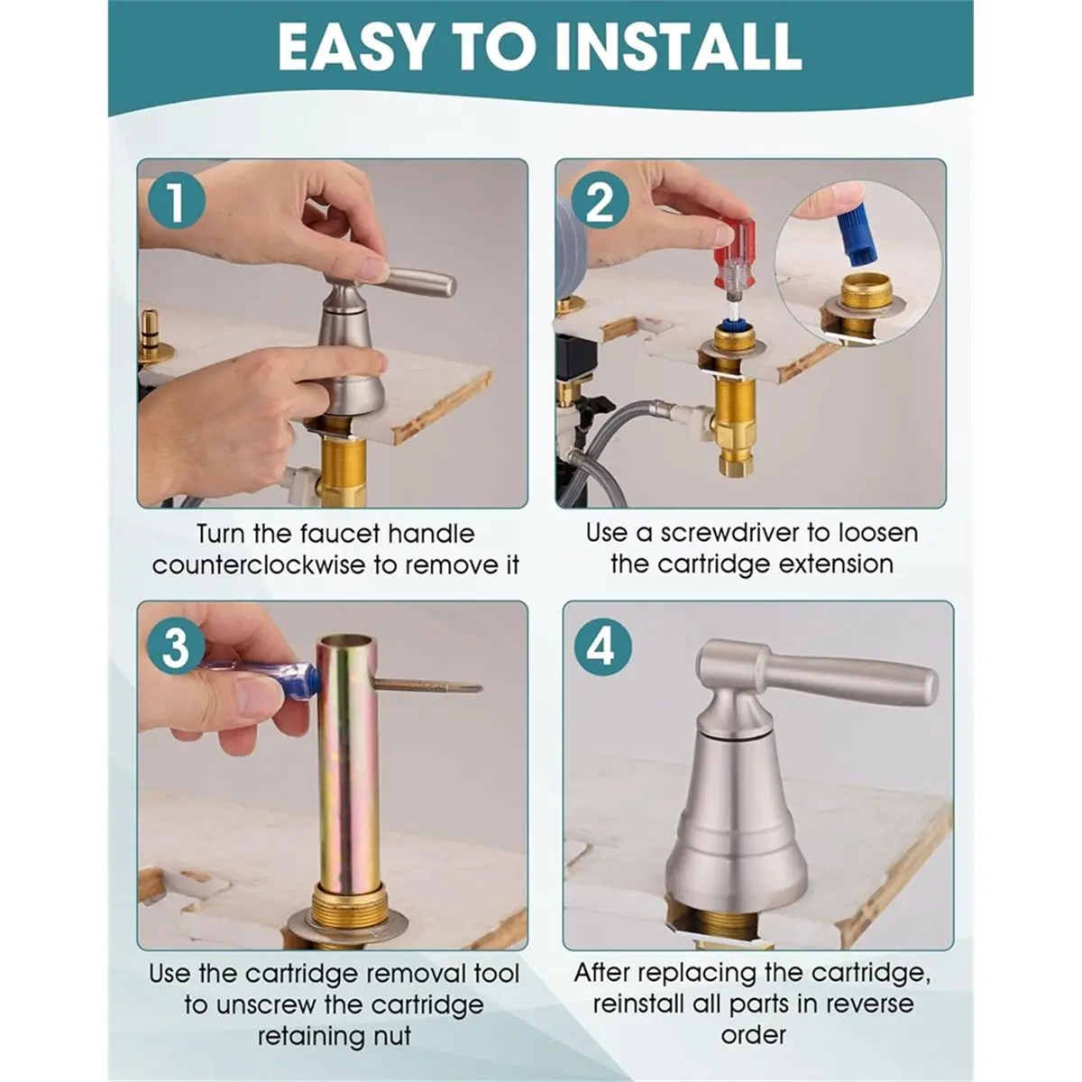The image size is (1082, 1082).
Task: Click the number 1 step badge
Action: click(176, 200)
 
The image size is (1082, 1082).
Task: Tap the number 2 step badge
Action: click(599, 201)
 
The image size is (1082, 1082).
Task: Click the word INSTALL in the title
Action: click(677, 46)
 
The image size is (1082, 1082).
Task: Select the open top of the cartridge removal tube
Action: click(344, 641)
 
